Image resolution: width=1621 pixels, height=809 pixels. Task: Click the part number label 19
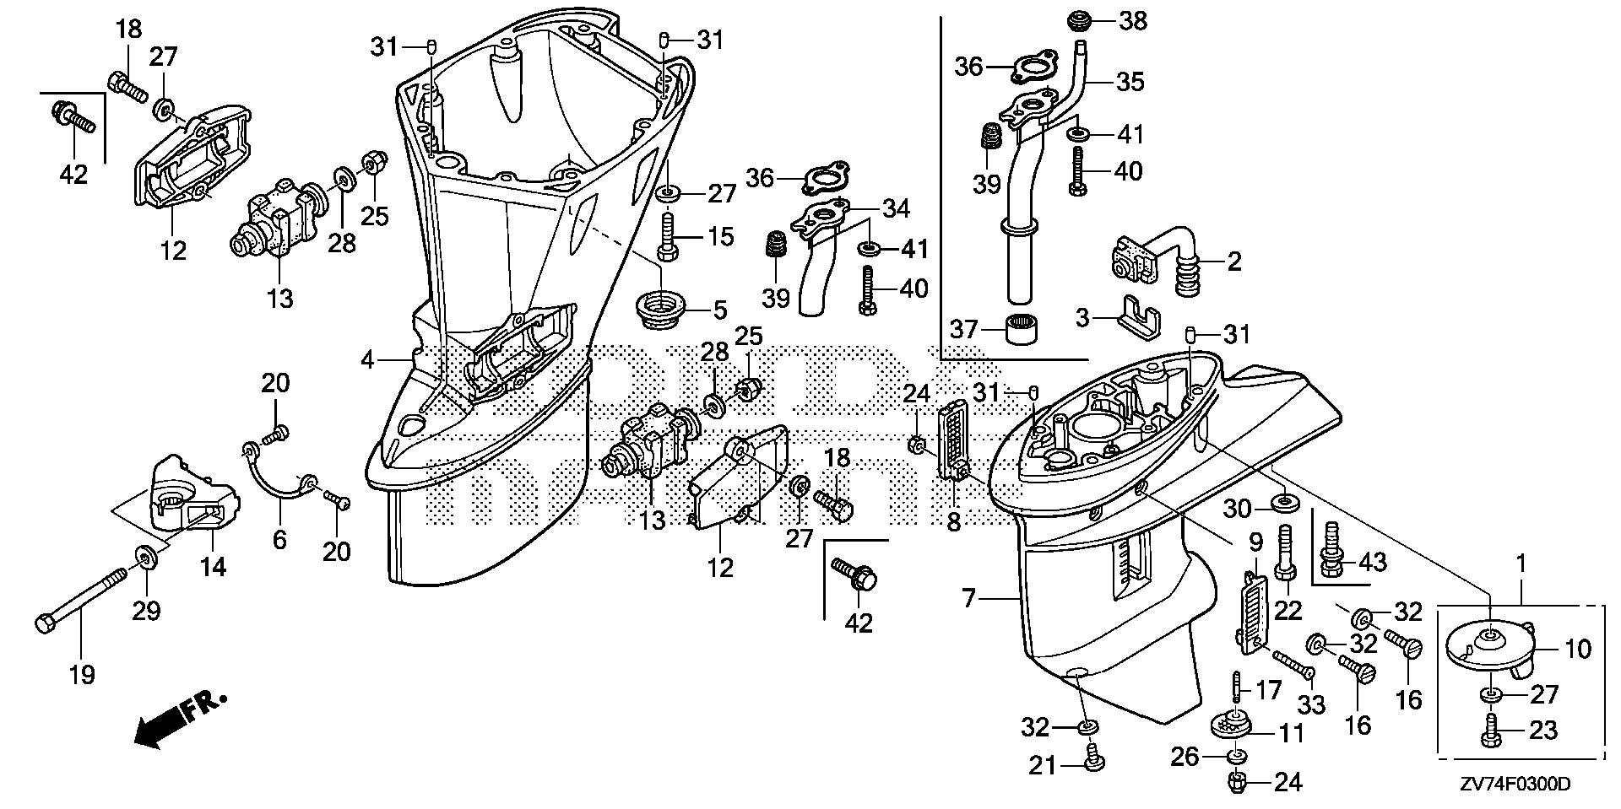coord(82,675)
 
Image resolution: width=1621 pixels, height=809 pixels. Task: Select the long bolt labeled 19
coord(82,601)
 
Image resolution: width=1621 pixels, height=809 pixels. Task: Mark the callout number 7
coord(968,600)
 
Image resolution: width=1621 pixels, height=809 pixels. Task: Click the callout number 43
coord(1374,562)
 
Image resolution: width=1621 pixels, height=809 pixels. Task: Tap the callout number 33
coord(1311,704)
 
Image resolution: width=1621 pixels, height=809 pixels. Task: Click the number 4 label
coord(366,360)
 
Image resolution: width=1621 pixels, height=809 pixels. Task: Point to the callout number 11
coord(1293,733)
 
